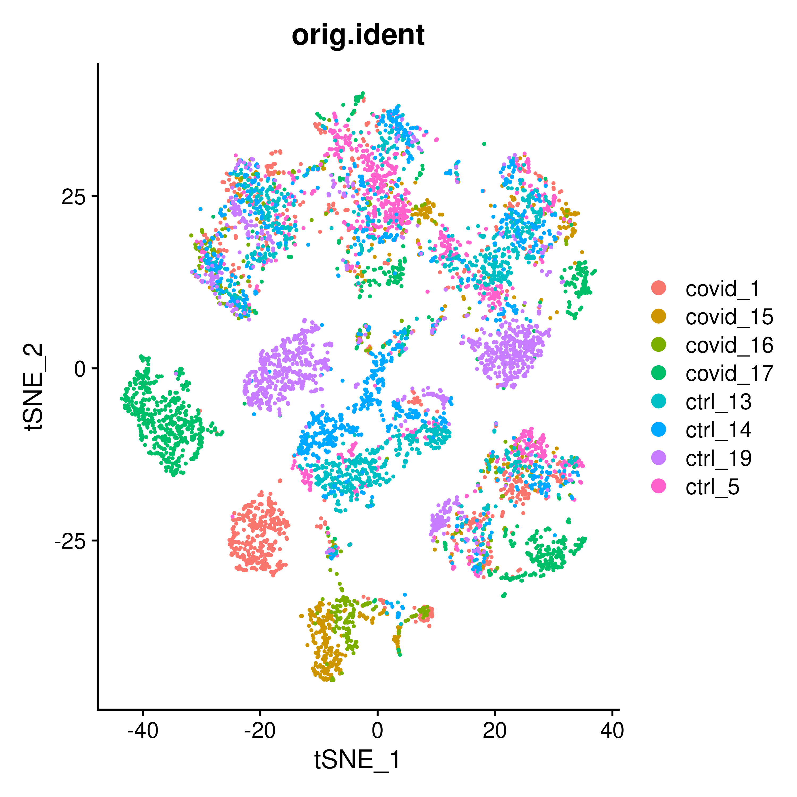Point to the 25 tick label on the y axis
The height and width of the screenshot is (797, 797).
coord(73,197)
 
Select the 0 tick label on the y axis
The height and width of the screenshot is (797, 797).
coord(80,369)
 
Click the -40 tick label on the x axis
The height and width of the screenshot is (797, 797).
coord(142,731)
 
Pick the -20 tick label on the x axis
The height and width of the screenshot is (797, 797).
coord(260,731)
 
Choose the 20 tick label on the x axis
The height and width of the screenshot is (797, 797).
coord(495,731)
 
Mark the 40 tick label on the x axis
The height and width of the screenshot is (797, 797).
coord(612,731)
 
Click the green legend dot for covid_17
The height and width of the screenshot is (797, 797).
coord(659,373)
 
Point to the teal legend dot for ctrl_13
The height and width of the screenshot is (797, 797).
coord(659,401)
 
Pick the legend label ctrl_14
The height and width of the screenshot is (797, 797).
coord(718,430)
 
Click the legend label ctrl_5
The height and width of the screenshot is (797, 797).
coord(712,487)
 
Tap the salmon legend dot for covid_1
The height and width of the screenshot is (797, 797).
coord(659,288)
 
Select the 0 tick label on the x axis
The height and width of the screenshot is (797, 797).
coord(377,731)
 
